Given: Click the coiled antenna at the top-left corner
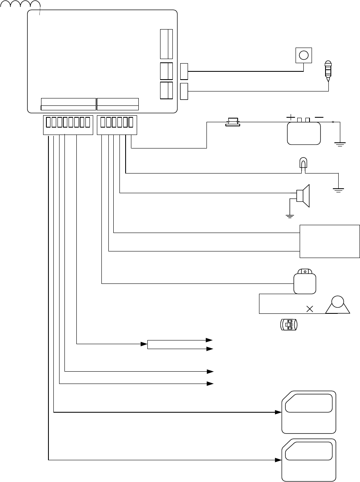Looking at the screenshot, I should pos(21,5).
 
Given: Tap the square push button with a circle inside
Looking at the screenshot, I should pos(303,55).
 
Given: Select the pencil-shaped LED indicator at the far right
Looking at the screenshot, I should pos(328,71).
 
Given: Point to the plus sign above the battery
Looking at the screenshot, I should pos(291,118).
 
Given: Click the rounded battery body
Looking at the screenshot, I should pos(303,133).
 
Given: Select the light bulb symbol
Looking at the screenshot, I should pos(303,163).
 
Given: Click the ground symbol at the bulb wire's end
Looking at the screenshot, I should pos(338,190).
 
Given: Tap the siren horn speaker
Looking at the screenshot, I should pos(303,196).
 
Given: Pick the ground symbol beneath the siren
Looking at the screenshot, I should pos(290,215).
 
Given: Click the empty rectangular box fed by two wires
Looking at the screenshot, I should pos(330,241).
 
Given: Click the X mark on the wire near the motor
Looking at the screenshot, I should pos(310,309).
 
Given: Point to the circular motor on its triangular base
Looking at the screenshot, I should pos(337,305).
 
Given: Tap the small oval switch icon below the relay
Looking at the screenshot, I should pos(289,324).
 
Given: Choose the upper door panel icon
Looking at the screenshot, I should pos(309,412).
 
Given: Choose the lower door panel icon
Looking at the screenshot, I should pos(309,460).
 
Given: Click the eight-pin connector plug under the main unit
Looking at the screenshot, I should pos(68,125).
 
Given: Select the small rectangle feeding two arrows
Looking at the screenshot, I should pos(176,344).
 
